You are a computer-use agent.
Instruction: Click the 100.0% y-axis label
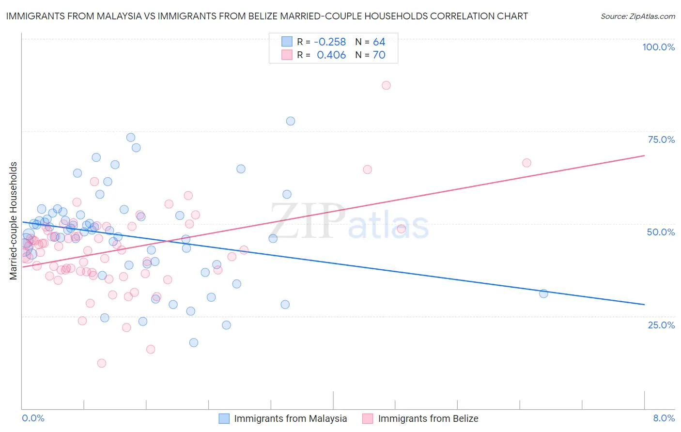coord(658,47)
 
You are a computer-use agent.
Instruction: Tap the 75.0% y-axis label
coord(661,139)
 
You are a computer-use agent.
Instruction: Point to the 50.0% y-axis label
coord(661,232)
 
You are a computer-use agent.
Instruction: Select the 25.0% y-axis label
coord(661,324)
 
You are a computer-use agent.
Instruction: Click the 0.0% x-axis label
coord(33,418)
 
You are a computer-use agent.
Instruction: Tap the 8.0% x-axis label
coord(664,418)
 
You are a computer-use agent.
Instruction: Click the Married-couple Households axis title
coord(14,220)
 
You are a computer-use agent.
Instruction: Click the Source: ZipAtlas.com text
coord(637,16)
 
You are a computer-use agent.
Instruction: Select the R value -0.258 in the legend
coord(330,42)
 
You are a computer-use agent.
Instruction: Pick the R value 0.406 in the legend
coord(331,55)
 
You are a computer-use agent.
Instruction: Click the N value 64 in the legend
coord(379,42)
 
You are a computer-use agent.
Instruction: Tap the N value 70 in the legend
coord(379,55)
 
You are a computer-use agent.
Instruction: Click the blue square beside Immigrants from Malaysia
coord(224,418)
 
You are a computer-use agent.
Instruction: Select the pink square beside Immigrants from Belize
coord(368,418)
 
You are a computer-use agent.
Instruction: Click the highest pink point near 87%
coord(386,85)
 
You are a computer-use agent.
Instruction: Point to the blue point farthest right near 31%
coord(543,293)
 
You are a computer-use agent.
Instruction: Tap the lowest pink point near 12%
coord(102,363)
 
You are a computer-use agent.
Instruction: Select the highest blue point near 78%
coord(291,121)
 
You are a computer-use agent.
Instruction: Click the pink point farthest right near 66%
coord(526,163)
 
